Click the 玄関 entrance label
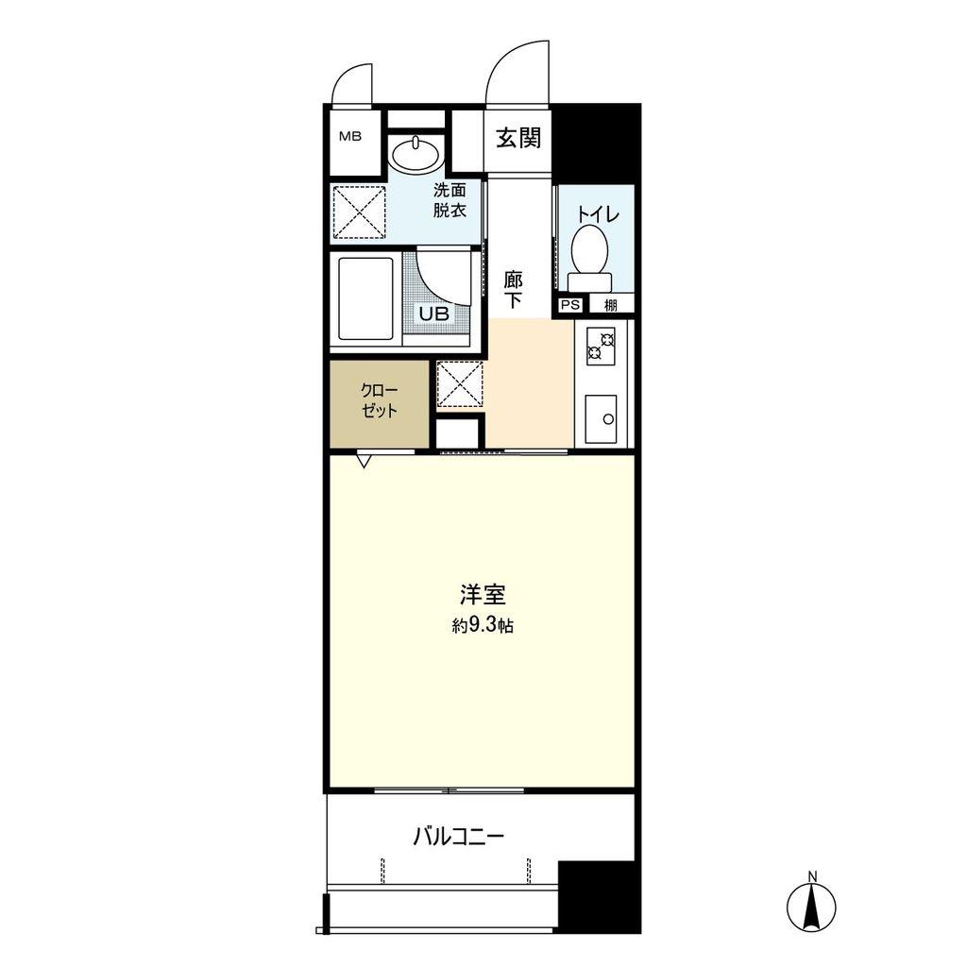518,138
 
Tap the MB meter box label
350,137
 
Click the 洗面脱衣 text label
449,200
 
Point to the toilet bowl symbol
590,258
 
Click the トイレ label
598,214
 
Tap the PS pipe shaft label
570,305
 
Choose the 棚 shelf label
611,305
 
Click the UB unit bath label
434,314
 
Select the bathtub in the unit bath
365,298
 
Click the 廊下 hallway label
513,291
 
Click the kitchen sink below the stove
600,418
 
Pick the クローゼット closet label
380,400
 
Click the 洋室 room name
483,595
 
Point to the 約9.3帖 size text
483,626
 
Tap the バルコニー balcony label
459,837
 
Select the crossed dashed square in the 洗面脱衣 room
360,212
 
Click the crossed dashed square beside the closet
460,384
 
